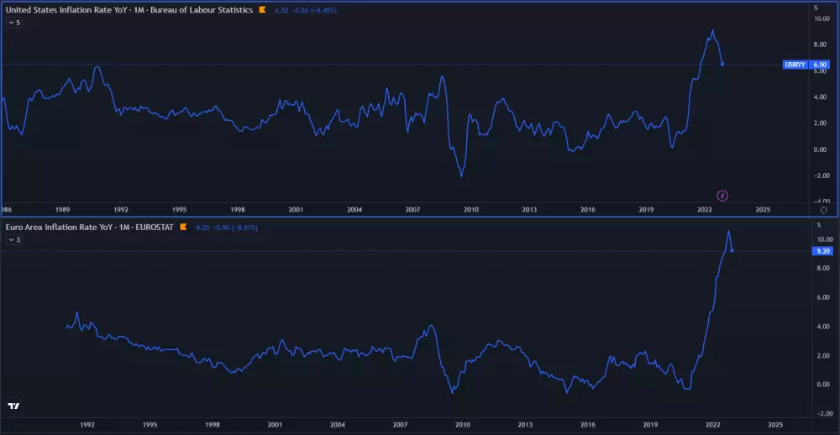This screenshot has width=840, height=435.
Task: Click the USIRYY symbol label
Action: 793,64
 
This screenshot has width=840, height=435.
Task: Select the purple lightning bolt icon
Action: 722,196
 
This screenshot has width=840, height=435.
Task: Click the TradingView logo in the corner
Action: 13,406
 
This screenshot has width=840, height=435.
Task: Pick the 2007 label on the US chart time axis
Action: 412,209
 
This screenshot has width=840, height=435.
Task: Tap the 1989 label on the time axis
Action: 62,209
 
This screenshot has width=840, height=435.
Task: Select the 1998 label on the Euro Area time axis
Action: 213,425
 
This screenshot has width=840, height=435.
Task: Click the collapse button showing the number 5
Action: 13,23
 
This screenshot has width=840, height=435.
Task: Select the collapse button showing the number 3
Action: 13,240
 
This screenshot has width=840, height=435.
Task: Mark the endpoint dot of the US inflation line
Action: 722,64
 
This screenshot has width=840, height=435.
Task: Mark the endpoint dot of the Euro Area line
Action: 732,250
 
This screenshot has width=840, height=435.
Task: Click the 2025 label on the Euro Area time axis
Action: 774,425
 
